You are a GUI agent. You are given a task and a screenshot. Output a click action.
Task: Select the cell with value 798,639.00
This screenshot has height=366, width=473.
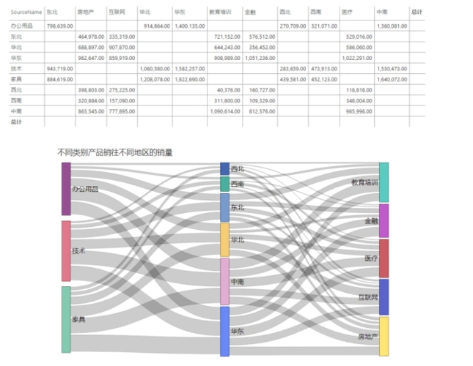[x=59, y=26]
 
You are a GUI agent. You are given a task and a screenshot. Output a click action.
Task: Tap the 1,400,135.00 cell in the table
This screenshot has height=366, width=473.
[x=190, y=26]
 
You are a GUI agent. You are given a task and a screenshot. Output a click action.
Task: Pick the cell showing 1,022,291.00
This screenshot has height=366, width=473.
[x=357, y=57]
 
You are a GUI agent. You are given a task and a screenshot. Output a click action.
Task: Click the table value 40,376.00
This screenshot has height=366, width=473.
[x=228, y=89]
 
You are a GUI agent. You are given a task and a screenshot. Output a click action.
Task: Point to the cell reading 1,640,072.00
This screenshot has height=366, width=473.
[x=391, y=78]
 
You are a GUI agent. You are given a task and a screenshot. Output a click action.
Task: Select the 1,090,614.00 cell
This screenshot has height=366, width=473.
[x=225, y=111]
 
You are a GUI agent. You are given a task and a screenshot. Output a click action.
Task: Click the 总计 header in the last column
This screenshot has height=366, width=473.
[x=417, y=12]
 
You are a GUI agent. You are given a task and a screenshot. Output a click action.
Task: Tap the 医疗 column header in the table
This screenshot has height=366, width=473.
[x=347, y=12]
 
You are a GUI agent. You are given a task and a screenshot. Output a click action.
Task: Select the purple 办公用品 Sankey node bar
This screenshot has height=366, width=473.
[x=66, y=189]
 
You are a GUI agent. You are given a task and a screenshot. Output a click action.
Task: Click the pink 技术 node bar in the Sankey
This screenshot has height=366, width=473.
[x=66, y=251]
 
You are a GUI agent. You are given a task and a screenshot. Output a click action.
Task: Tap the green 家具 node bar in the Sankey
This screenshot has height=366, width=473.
[x=66, y=319]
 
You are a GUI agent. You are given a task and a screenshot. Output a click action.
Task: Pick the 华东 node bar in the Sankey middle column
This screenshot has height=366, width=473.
[x=225, y=332]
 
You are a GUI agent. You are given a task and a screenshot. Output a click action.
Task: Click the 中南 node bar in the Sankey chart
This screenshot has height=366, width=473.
[x=225, y=282]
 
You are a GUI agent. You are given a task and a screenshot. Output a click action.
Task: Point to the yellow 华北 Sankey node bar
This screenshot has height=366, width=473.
[x=225, y=239]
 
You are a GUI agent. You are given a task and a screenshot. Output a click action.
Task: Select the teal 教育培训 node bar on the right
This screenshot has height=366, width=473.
[x=384, y=182]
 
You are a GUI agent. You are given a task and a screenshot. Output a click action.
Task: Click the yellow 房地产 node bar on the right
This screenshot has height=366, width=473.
[x=384, y=336]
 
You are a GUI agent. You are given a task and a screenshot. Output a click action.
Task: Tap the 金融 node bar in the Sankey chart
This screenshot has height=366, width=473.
[x=384, y=221]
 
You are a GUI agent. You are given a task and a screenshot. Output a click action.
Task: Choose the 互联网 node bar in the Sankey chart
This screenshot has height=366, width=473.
[x=384, y=297]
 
